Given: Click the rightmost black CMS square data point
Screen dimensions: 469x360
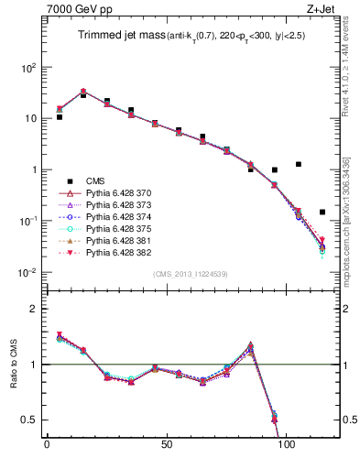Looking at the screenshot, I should (322, 212).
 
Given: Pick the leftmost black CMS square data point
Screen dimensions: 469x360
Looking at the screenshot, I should (60, 117).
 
